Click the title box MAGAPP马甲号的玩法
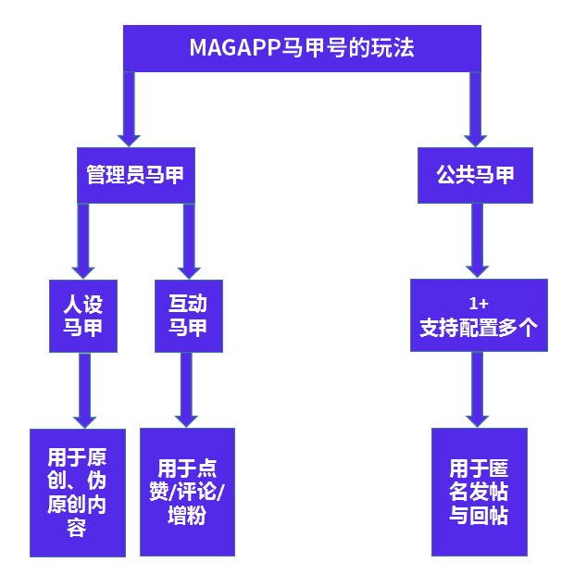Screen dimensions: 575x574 click(x=302, y=48)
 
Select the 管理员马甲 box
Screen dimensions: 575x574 click(x=136, y=174)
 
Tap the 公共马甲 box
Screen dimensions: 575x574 click(x=475, y=174)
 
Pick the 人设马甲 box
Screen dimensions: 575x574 click(x=83, y=315)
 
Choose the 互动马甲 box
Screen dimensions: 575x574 click(x=188, y=315)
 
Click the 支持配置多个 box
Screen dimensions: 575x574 click(x=478, y=316)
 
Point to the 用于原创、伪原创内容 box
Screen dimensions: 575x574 click(x=77, y=493)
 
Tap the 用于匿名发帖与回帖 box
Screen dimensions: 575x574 click(x=479, y=492)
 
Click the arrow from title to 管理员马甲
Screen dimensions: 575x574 click(x=129, y=108)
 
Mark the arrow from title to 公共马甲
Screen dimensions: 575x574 click(x=476, y=108)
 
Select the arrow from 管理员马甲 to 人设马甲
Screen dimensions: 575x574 click(x=83, y=240)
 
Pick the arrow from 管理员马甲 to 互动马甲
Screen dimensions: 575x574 click(x=189, y=240)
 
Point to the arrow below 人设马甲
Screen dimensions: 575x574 click(x=84, y=389)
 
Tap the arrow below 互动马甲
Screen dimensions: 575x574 click(x=188, y=389)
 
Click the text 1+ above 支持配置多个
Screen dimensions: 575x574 click(x=479, y=304)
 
